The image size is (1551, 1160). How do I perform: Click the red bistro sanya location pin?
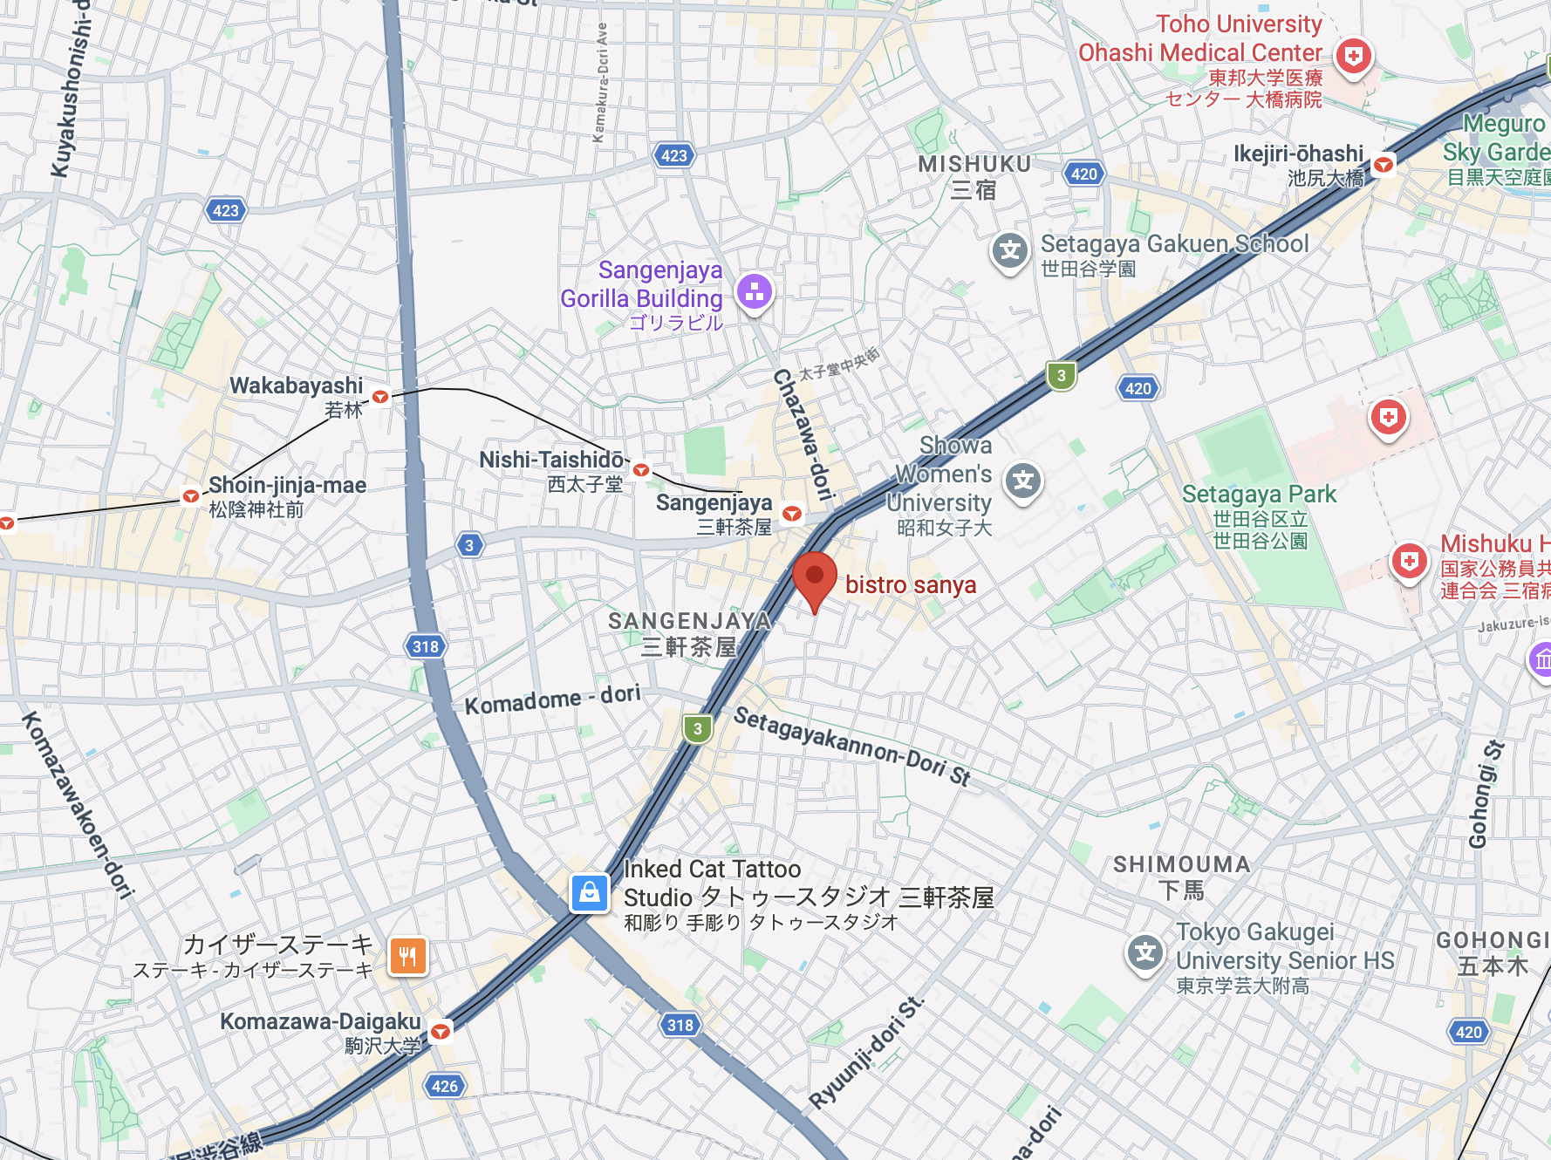pos(815,577)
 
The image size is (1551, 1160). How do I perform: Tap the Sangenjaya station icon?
pos(792,514)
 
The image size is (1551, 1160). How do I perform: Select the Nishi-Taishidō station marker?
pos(641,470)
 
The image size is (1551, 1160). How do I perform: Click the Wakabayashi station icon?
pos(380,397)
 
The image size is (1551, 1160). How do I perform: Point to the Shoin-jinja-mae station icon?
pos(190,496)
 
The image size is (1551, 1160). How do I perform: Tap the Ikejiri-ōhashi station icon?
pos(1384,164)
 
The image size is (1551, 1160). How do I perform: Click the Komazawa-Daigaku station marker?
pos(441,1032)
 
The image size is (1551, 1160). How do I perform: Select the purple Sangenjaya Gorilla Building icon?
pos(755,292)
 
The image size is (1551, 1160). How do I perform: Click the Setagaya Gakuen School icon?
pos(1010,251)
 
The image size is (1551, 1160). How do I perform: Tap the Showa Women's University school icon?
pos(1023,481)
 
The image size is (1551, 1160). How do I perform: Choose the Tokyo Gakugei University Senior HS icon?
pos(1145,952)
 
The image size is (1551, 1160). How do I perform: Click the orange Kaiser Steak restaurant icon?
pos(407,956)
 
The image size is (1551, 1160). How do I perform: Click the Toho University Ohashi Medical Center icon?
pos(1353,57)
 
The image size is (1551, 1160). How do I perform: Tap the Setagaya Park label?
pos(1258,495)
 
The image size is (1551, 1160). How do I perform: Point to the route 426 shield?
pos(444,1086)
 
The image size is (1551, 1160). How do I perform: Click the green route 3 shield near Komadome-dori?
pos(697,728)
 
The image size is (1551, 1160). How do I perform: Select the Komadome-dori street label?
pos(552,699)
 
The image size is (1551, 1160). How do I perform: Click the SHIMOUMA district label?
pos(1181,864)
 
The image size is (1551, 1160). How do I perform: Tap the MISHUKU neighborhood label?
pos(974,164)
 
